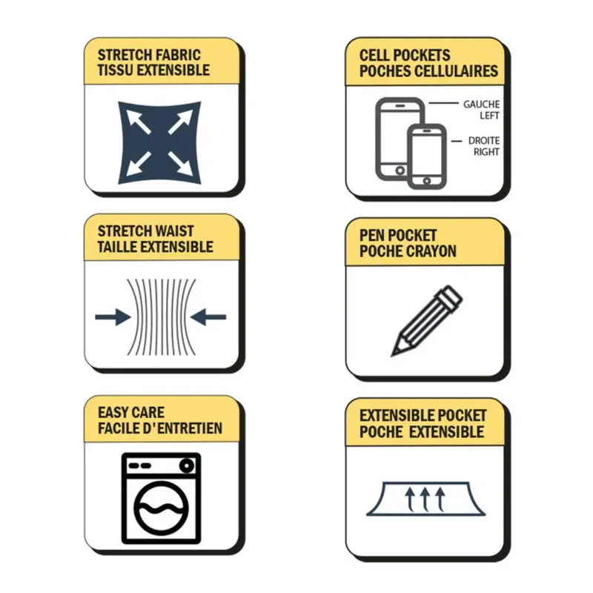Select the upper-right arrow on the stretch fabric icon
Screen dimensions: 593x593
click(x=180, y=122)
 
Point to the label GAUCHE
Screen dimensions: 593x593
click(x=481, y=105)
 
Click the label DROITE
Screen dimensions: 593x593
click(x=484, y=141)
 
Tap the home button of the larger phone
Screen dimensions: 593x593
click(x=400, y=170)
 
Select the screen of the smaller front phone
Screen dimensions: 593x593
click(x=427, y=154)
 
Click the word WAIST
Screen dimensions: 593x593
click(x=175, y=231)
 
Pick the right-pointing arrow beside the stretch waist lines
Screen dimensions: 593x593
click(x=113, y=317)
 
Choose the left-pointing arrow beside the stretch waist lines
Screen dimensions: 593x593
click(x=208, y=317)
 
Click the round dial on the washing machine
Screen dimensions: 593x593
click(x=187, y=466)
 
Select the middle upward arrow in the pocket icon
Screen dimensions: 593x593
click(x=425, y=499)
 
